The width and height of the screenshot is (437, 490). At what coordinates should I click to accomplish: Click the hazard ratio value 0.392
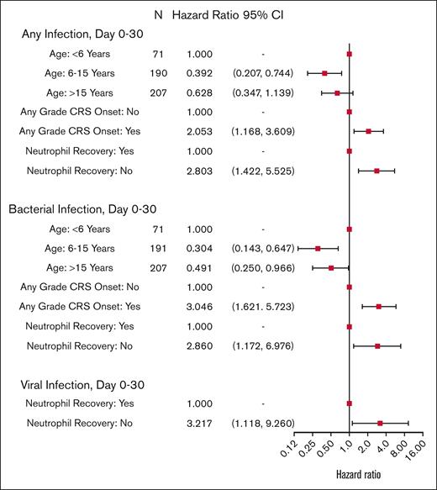pyautogui.click(x=200, y=73)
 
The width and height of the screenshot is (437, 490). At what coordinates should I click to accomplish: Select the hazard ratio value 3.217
pyautogui.click(x=200, y=423)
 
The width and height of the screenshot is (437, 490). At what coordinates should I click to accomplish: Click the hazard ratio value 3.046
pyautogui.click(x=200, y=306)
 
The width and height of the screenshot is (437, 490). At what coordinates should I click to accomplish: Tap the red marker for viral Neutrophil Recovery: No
pyautogui.click(x=380, y=423)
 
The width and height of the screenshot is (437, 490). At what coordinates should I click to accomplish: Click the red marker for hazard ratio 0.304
pyautogui.click(x=318, y=248)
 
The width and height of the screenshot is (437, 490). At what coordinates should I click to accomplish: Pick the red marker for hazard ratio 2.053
pyautogui.click(x=368, y=131)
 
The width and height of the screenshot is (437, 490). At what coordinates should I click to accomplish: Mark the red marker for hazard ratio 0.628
pyautogui.click(x=337, y=92)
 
